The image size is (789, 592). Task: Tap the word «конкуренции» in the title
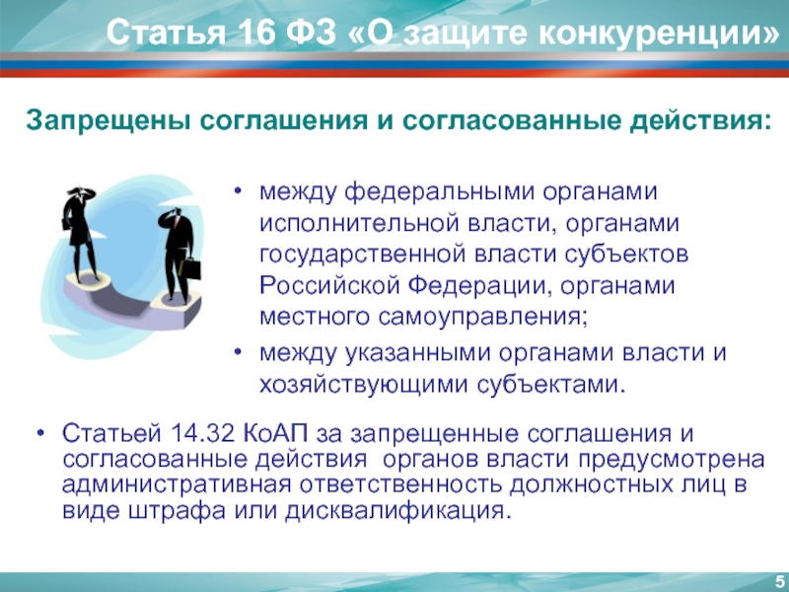pyautogui.click(x=652, y=35)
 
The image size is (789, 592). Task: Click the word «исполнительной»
pyautogui.click(x=359, y=223)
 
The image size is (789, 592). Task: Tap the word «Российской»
pyautogui.click(x=329, y=285)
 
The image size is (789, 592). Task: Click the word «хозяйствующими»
pyautogui.click(x=364, y=384)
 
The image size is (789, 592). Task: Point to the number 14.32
pyautogui.click(x=203, y=433)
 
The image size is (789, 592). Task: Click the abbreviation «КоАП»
pyautogui.click(x=276, y=433)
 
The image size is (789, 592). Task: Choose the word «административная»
pyautogui.click(x=177, y=484)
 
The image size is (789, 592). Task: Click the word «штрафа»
pyautogui.click(x=178, y=510)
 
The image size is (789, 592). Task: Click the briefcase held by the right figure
pyautogui.click(x=191, y=268)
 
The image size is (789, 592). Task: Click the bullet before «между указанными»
pyautogui.click(x=238, y=352)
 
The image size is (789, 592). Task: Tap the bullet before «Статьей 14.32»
pyautogui.click(x=40, y=433)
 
